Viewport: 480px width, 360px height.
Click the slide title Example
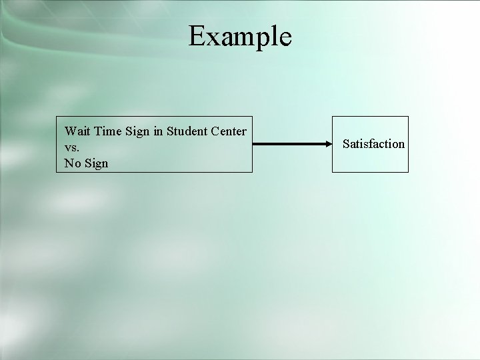[x=240, y=36]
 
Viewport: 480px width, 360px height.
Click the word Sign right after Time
[x=137, y=131]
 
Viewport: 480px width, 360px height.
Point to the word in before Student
[x=157, y=131]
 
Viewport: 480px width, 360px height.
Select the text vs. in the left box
[x=71, y=147]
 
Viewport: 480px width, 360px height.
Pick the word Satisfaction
[x=373, y=143]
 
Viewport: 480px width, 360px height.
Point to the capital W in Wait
[x=69, y=131]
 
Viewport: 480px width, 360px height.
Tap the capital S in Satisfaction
[x=346, y=143]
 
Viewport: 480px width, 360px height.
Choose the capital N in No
[x=68, y=163]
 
